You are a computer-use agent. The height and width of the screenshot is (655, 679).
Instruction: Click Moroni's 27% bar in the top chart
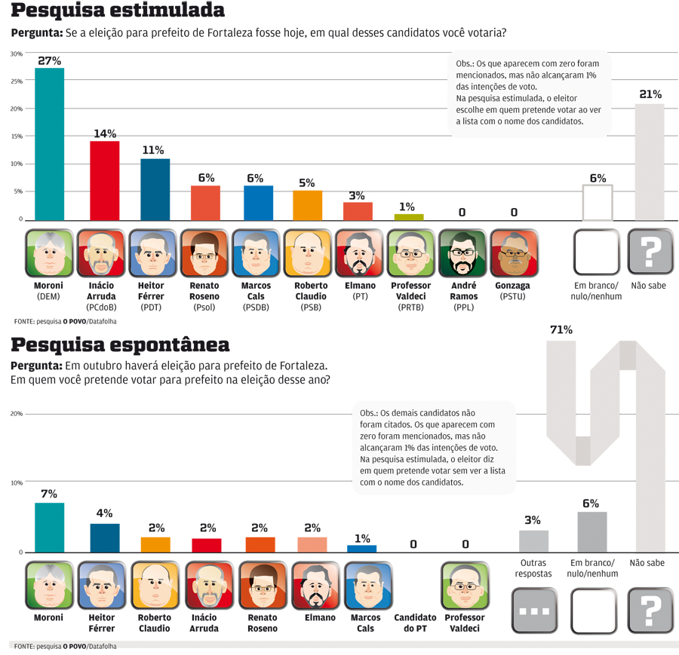49,143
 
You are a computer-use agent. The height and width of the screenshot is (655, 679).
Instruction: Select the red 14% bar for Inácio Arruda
105,180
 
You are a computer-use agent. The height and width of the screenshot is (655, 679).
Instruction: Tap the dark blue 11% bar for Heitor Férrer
155,189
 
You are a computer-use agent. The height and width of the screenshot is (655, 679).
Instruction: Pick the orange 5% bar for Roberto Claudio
307,205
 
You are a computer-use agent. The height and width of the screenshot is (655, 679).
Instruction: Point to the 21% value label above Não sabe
650,94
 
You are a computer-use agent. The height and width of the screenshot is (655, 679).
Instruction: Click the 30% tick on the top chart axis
16,54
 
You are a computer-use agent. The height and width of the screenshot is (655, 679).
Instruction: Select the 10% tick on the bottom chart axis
16,483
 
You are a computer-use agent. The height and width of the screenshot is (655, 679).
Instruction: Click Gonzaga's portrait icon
513,253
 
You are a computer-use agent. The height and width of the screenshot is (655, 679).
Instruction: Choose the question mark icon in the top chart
650,252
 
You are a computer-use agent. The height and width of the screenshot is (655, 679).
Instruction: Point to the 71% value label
561,329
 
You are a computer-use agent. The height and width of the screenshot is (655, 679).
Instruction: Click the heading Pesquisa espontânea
121,345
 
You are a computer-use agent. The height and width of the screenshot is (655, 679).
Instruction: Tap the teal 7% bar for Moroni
49,528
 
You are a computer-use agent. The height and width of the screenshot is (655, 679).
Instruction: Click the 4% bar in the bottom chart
105,538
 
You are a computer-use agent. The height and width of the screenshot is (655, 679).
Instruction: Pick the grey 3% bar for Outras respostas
533,541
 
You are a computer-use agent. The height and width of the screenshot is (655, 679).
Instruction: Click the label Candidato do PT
415,623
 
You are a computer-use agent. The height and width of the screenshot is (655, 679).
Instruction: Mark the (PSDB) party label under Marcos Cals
255,307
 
